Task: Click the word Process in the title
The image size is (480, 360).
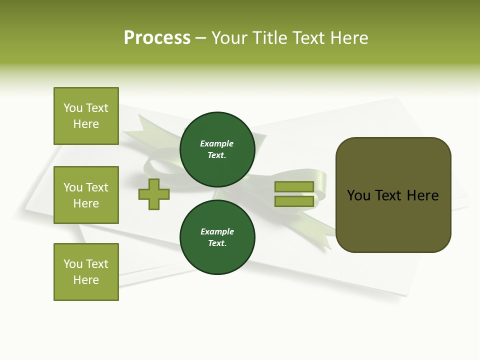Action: [157, 38]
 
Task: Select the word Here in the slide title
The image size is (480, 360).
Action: [348, 38]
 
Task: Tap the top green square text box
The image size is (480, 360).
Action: [86, 116]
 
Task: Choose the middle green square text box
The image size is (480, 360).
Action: [86, 195]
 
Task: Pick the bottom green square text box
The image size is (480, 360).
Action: [86, 272]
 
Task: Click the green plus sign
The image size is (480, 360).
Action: [154, 194]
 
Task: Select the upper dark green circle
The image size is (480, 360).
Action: [217, 149]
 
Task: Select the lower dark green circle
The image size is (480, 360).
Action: [217, 237]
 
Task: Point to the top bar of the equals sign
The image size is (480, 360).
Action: [294, 186]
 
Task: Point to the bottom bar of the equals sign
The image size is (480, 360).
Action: [294, 201]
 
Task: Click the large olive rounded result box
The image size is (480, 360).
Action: [393, 195]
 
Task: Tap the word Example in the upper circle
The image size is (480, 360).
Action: [217, 143]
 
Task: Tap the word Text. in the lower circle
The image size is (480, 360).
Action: [217, 243]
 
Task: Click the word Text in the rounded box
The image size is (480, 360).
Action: [388, 195]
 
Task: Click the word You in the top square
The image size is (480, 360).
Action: [73, 108]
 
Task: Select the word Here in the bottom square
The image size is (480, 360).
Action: [86, 280]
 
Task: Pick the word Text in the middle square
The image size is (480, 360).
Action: [97, 187]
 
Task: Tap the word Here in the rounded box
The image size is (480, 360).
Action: [423, 195]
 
